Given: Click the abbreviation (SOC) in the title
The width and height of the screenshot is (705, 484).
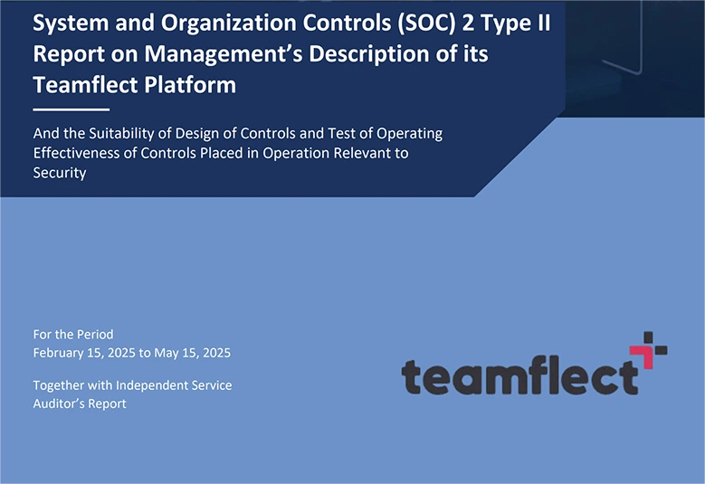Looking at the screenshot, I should tap(412, 24).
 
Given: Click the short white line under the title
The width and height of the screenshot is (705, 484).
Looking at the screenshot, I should tap(58, 109).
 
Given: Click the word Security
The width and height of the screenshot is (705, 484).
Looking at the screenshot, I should tap(60, 173).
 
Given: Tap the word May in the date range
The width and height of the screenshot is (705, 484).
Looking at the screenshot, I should tap(169, 353).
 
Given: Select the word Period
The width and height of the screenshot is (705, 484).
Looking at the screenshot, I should tap(94, 334).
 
